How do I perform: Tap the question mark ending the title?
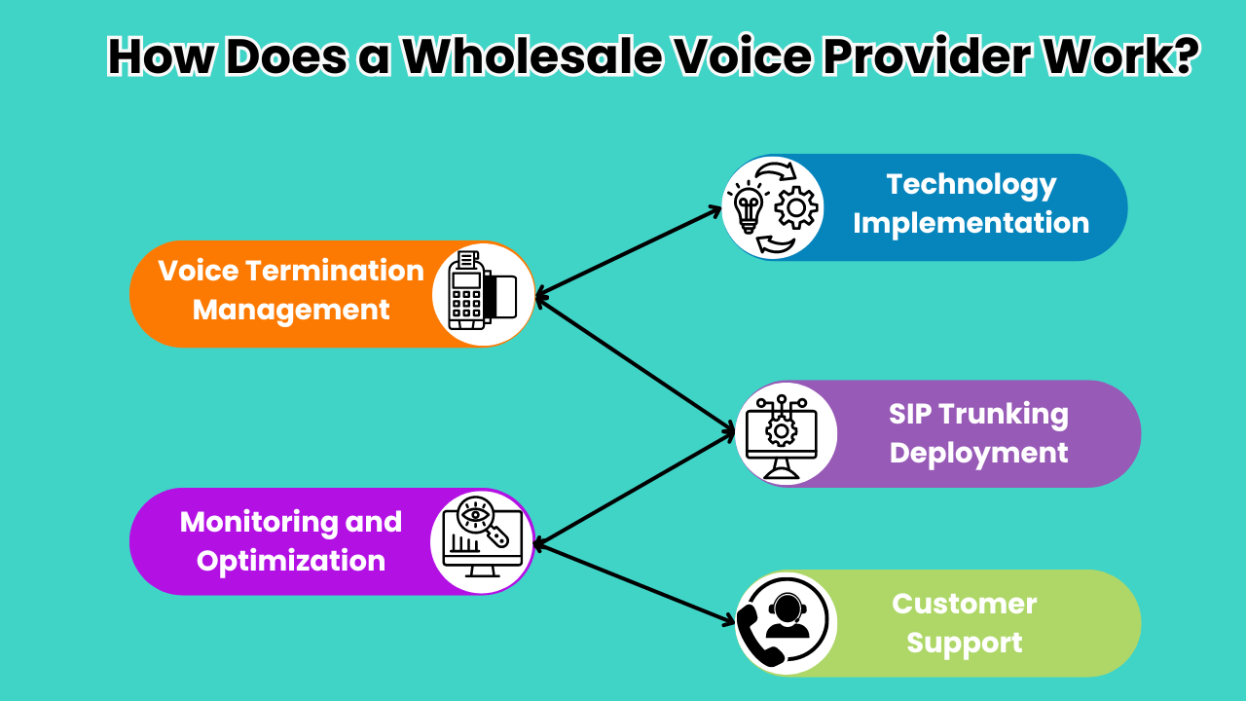click(x=1181, y=56)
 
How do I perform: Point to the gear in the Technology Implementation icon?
click(x=797, y=207)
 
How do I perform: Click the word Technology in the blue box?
click(x=971, y=184)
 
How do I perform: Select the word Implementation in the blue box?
click(x=971, y=223)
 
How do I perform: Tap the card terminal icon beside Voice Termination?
click(x=481, y=292)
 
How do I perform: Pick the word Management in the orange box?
click(x=291, y=310)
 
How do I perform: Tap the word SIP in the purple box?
click(x=913, y=414)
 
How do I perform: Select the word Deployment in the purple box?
click(x=978, y=453)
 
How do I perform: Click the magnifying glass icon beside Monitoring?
click(x=479, y=524)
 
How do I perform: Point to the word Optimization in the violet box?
click(x=291, y=561)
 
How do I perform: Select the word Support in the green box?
click(x=964, y=643)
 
